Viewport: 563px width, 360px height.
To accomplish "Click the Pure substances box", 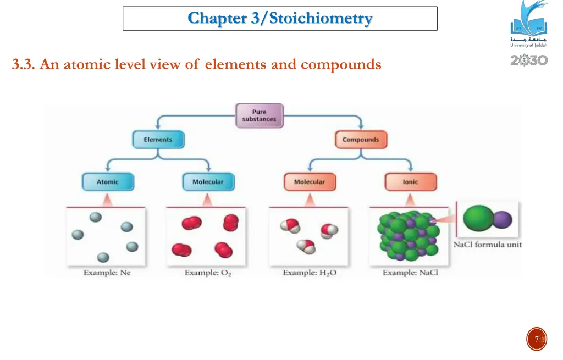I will coord(260,116).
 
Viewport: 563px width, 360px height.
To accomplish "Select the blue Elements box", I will coord(158,140).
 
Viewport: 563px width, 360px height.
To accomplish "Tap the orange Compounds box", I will coord(361,140).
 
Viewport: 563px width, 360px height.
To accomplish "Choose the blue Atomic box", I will coord(107,182).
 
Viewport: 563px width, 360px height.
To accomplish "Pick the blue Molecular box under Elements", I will coord(208,182).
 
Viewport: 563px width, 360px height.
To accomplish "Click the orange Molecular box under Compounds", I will coord(310,182).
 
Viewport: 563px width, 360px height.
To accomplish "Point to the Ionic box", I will coord(410,182).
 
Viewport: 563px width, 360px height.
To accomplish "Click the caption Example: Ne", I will coord(107,272).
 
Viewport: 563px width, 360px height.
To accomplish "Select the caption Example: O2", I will coord(208,273).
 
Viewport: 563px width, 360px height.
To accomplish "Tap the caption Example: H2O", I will coord(310,273).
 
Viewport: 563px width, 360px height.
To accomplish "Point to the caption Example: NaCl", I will coord(410,272).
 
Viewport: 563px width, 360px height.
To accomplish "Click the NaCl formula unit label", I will coord(487,245).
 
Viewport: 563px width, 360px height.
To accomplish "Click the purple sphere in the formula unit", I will coord(502,220).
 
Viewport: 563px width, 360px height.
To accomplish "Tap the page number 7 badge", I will coord(537,339).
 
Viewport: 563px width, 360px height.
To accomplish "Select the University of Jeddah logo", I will coord(529,25).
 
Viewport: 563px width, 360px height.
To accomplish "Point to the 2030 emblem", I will coord(529,59).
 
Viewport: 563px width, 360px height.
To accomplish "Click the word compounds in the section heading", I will coord(341,65).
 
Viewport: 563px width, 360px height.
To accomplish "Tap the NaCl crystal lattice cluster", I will coord(407,235).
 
